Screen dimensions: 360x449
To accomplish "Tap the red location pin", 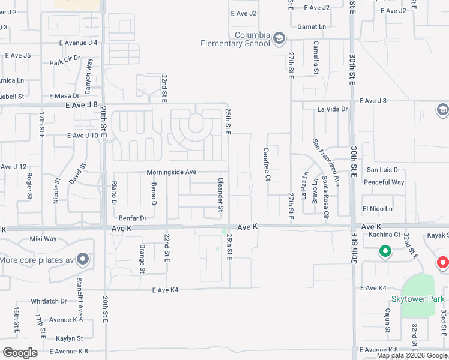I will [x=442, y=263].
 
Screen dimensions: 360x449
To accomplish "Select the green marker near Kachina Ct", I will [x=385, y=252].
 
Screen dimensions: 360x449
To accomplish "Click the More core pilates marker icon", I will [x=83, y=260].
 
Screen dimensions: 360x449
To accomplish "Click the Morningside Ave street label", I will [x=172, y=172].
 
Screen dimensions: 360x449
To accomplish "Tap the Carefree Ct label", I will [x=267, y=164].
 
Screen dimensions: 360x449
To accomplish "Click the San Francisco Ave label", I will [x=325, y=162].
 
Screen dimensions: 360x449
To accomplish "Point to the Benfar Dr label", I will [x=133, y=218].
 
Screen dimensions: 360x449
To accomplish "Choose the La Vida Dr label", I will [x=333, y=109].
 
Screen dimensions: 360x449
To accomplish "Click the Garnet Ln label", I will [x=312, y=27].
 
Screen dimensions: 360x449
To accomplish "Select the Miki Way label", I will [x=43, y=239].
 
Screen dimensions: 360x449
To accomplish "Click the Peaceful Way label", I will [x=384, y=182].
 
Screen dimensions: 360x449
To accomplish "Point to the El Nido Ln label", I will [x=377, y=209].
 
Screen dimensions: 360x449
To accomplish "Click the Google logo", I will [x=20, y=353].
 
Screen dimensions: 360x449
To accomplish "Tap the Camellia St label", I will [x=315, y=58].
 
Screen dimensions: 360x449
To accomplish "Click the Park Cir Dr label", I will [x=65, y=62].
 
